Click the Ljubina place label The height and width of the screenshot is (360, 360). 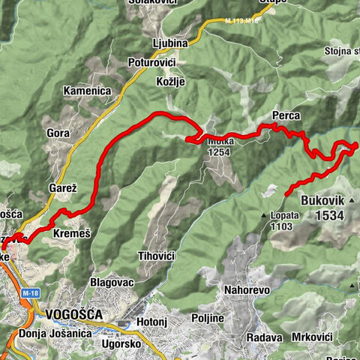(x=168, y=43)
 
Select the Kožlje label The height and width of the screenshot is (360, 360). (x=169, y=81)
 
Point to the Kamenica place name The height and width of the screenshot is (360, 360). (x=87, y=91)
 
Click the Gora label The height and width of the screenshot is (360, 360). (x=58, y=133)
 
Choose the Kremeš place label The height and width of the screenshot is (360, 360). (x=72, y=234)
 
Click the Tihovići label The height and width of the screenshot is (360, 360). (x=157, y=256)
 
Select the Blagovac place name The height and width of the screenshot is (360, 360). (x=111, y=282)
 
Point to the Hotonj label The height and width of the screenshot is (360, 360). (x=153, y=323)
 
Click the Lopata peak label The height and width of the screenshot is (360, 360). (x=284, y=214)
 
